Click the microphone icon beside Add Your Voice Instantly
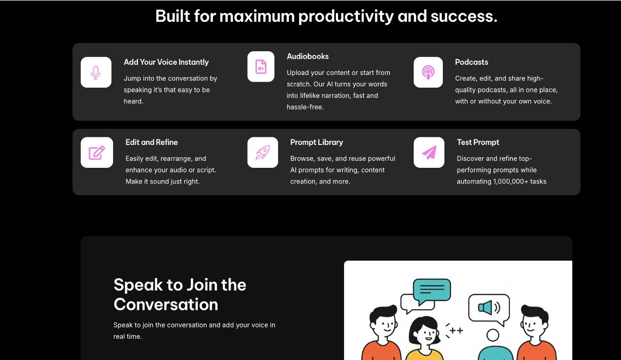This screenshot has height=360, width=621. click(x=96, y=73)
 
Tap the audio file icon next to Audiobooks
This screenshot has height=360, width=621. click(x=261, y=66)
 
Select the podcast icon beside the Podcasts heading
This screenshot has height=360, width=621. click(x=428, y=73)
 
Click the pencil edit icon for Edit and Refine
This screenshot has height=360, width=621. click(x=96, y=153)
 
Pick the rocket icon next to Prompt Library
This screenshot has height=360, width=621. click(x=262, y=152)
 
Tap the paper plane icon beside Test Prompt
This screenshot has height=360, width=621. click(x=429, y=153)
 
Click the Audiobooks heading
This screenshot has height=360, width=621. click(x=307, y=56)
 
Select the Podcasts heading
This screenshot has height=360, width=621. click(x=471, y=62)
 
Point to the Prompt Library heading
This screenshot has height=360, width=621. click(x=316, y=142)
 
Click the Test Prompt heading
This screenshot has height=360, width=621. click(x=477, y=142)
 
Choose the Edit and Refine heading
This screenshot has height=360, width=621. click(x=151, y=142)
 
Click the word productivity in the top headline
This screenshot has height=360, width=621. click(x=346, y=16)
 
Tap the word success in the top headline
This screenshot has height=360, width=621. click(x=464, y=16)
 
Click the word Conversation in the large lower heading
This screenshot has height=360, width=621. click(x=166, y=304)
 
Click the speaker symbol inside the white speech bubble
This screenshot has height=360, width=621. click(x=489, y=307)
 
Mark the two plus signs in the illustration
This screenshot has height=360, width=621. click(x=456, y=331)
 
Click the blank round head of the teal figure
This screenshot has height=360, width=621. click(x=493, y=335)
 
